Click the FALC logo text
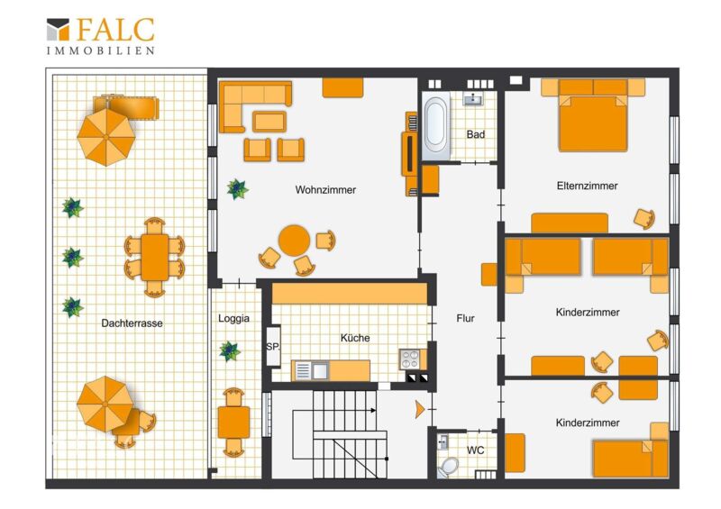click(115, 30)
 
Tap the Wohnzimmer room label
click(325, 189)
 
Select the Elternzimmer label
click(587, 186)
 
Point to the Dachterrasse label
click(132, 323)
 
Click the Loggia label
click(233, 318)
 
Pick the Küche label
click(355, 338)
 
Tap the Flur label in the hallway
click(465, 318)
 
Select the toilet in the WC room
click(445, 468)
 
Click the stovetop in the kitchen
click(410, 359)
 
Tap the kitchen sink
click(311, 370)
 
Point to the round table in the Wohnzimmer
click(295, 241)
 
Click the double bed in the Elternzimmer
click(593, 120)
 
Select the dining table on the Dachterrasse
click(154, 258)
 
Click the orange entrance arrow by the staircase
click(419, 409)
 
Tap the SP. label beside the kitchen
click(272, 347)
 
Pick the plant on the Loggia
click(230, 351)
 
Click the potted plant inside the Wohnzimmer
click(237, 189)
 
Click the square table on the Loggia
click(233, 423)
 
